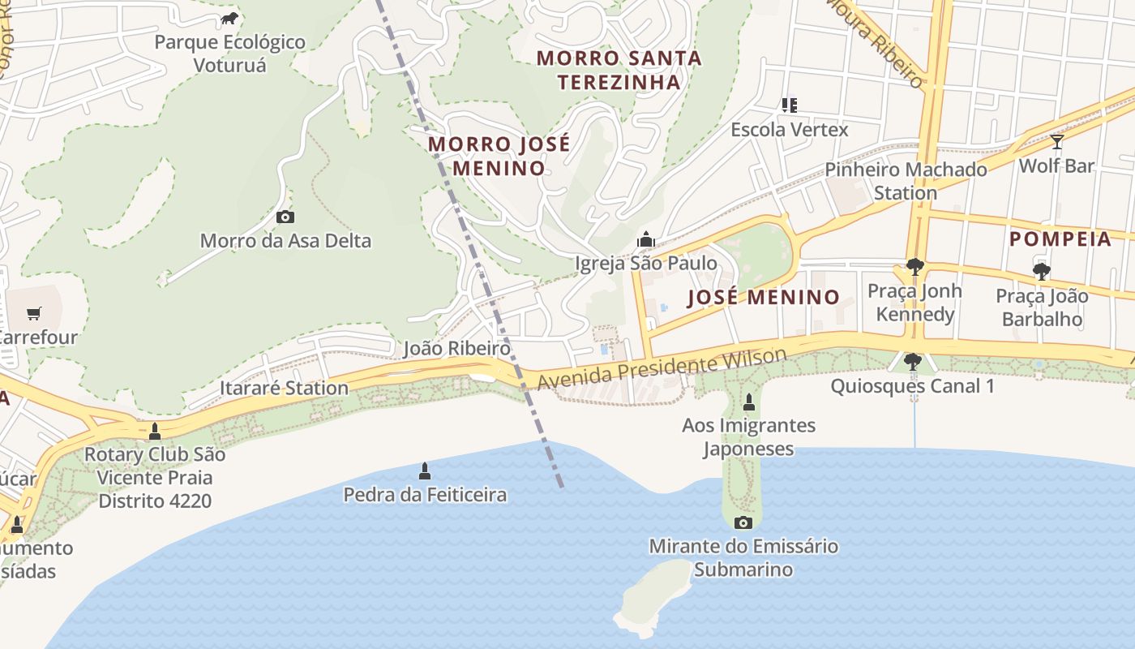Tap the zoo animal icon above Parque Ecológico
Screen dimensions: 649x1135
pos(229,19)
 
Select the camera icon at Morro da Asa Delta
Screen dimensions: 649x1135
pos(285,217)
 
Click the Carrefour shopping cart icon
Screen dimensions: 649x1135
pos(34,313)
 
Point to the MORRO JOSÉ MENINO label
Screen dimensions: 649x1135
pos(499,156)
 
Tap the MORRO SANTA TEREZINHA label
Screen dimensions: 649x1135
pos(619,70)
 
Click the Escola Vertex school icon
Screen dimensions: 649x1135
pos(790,105)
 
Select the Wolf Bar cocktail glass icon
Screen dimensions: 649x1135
pos(1056,142)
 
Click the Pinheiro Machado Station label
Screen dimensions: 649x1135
pos(906,181)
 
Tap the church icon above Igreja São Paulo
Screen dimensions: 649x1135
pos(646,239)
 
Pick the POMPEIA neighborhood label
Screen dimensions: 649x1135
pos(1060,239)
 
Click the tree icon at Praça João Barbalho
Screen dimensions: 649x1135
pos(1042,272)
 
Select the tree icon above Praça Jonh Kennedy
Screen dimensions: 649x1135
pos(914,267)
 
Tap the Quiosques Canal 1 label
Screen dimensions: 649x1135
pos(912,385)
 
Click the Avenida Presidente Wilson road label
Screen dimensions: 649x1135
pos(662,369)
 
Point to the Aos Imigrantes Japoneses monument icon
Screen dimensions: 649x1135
pos(748,402)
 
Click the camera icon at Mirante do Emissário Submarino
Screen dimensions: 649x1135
pos(743,522)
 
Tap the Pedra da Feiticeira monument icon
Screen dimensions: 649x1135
pos(424,471)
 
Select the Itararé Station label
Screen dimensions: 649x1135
pos(284,388)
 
